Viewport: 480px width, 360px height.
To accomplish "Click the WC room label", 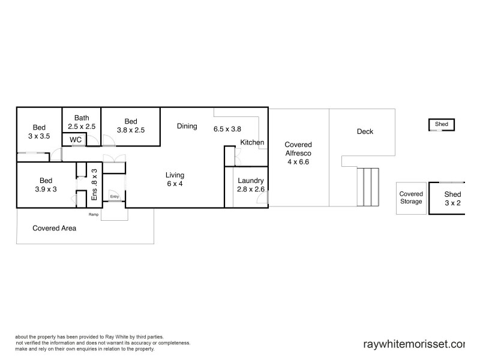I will pos(76,140).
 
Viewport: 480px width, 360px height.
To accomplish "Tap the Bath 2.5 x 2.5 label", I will pos(81,122).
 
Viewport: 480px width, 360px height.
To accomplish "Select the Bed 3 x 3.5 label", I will pos(39,131).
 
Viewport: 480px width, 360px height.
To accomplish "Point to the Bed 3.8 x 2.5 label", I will pos(130,125).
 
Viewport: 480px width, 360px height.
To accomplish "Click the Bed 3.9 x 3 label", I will pos(46,184).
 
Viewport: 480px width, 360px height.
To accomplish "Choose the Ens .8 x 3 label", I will pos(94,184).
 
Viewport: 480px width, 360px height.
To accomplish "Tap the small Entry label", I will pos(114,196).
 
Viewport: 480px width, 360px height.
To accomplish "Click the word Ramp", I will pos(94,214).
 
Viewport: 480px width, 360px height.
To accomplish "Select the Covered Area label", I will pos(54,228).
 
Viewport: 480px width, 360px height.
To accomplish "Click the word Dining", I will pos(187,126).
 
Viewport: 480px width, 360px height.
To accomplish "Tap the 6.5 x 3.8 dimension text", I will pos(227,128).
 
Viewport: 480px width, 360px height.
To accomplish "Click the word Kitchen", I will pos(252,142).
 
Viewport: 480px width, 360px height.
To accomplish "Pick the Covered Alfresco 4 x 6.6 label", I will pos(298,153).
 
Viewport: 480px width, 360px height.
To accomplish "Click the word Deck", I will pos(365,131).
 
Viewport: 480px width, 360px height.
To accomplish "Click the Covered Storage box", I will pos(411,197).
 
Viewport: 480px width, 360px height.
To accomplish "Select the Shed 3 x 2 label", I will pos(452,199).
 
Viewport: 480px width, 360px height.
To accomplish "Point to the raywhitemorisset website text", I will pos(414,344).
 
